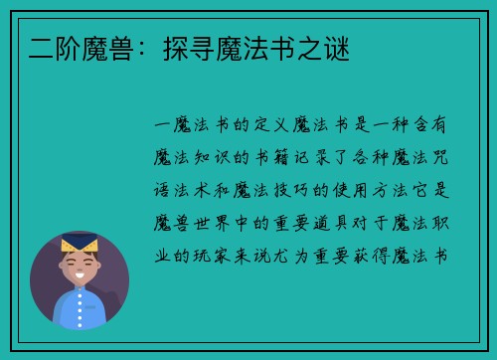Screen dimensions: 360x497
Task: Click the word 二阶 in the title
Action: (x=46, y=46)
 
